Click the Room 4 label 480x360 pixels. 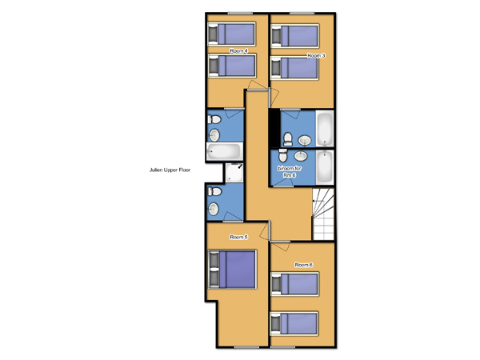(x=238, y=51)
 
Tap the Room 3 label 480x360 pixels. (x=316, y=56)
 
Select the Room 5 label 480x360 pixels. (x=238, y=237)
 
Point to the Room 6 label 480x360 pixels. (x=304, y=265)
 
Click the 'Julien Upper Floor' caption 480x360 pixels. (x=170, y=170)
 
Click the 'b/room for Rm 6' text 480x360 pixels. (x=290, y=172)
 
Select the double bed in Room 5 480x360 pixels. (x=232, y=270)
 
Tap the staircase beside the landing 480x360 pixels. (x=323, y=214)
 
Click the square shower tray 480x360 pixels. (x=234, y=173)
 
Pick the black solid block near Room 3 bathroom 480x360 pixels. (x=274, y=129)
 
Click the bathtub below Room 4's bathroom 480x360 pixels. (x=225, y=151)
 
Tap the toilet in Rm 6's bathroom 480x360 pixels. (x=283, y=155)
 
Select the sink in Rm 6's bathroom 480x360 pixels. (x=301, y=155)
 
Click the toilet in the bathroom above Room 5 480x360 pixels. (x=214, y=192)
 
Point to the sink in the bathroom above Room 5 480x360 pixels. (x=214, y=209)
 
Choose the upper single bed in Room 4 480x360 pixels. (x=232, y=34)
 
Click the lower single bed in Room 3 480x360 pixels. (x=294, y=68)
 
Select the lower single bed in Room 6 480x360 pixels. (x=294, y=323)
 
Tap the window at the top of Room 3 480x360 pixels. (x=302, y=13)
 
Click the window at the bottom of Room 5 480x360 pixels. (x=246, y=347)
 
